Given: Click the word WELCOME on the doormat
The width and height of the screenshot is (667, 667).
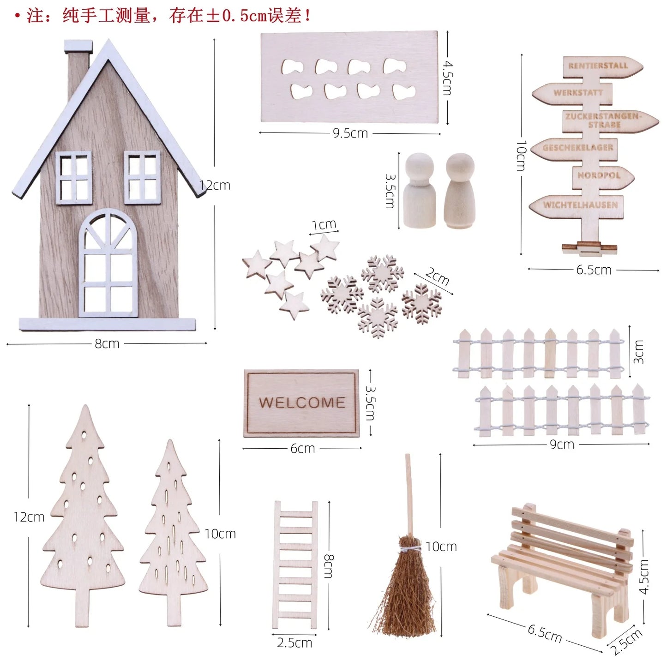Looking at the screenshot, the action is (302, 402).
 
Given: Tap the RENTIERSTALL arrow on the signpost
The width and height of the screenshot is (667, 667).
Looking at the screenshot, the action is (602, 66).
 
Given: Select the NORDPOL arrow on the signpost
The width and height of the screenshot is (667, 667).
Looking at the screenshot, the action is (602, 176).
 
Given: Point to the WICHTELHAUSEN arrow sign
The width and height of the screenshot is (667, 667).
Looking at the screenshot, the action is (577, 205).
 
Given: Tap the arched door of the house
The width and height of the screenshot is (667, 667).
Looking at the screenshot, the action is (108, 264).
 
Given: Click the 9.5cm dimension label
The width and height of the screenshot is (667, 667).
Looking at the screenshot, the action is (350, 133).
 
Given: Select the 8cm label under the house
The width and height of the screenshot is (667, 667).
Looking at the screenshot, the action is (107, 344).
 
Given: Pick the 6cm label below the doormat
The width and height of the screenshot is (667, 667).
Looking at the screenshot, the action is (302, 449).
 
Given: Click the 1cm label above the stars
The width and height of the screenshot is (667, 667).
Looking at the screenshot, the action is (324, 225).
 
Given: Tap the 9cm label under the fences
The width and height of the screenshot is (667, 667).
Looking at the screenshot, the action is (562, 445).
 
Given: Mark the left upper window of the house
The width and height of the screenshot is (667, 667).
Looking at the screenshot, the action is (74, 178).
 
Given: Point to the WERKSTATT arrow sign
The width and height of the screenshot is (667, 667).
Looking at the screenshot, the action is (572, 93).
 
